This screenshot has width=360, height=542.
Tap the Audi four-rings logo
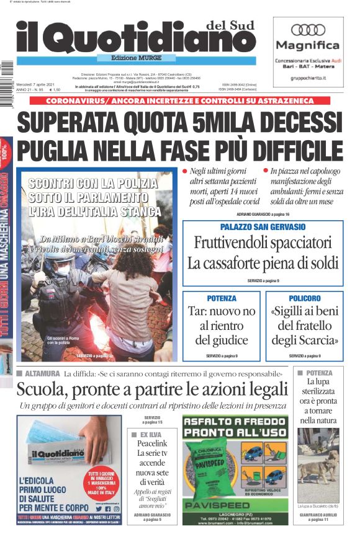pyautogui.click(x=308, y=29)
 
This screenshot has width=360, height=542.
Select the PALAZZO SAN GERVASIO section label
pyautogui.click(x=263, y=227)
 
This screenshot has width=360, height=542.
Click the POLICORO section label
pyautogui.click(x=304, y=298)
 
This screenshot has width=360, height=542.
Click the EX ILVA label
pyautogui.click(x=151, y=434)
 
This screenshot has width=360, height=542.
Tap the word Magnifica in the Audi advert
pyautogui.click(x=308, y=45)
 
